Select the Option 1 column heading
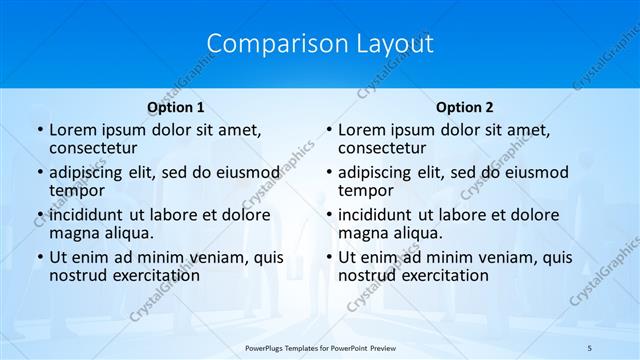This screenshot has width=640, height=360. (175, 107)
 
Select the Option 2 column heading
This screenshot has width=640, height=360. (464, 107)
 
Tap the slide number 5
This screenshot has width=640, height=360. (590, 347)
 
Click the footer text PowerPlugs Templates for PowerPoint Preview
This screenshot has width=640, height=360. (319, 347)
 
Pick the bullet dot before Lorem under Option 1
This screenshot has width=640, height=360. (39, 131)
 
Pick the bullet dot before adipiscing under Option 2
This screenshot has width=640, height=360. (328, 173)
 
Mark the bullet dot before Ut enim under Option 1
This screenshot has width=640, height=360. (39, 258)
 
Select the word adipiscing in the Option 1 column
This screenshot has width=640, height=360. (86, 172)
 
